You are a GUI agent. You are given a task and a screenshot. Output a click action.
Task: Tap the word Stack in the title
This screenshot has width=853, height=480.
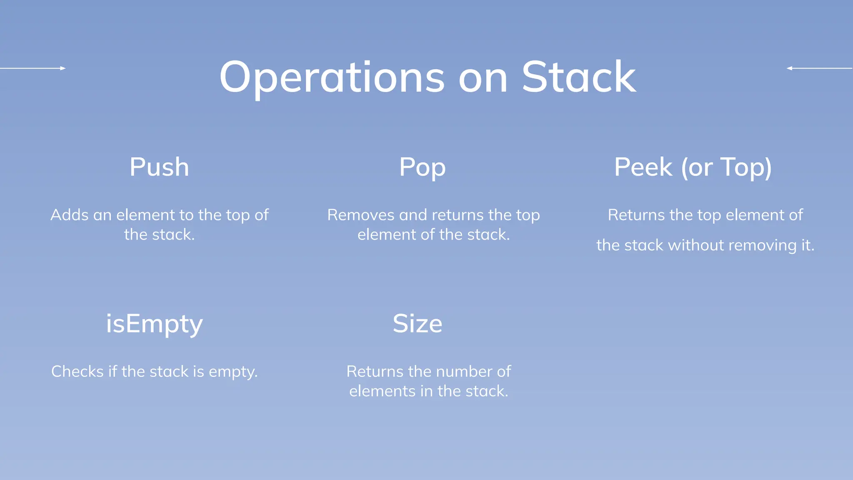(579, 77)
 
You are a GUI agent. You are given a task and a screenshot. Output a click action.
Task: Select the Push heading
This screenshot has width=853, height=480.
(159, 167)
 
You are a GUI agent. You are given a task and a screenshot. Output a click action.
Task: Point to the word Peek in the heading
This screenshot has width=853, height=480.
(643, 167)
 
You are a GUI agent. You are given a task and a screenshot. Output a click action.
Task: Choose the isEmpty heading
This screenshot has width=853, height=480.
(154, 324)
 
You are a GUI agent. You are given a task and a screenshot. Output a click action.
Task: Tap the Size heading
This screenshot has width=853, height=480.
(417, 324)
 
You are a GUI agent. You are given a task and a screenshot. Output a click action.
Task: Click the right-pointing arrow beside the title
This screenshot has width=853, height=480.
(33, 68)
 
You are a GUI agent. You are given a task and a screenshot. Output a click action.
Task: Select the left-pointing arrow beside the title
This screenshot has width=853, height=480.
(819, 68)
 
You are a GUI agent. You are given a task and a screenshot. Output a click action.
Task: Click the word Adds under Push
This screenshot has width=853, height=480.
(70, 215)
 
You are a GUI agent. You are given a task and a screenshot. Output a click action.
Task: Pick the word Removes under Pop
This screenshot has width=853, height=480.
(361, 215)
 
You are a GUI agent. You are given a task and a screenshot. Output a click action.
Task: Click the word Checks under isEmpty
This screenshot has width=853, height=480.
(77, 372)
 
